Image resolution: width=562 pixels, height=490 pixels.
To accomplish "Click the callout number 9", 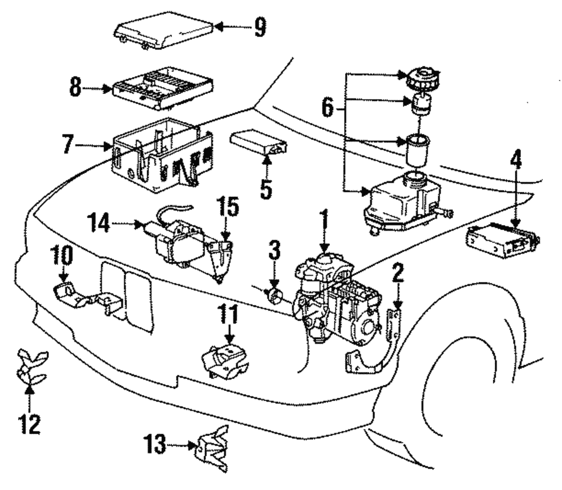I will (x=259, y=26).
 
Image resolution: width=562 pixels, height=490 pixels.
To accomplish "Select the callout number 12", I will (x=30, y=424).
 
